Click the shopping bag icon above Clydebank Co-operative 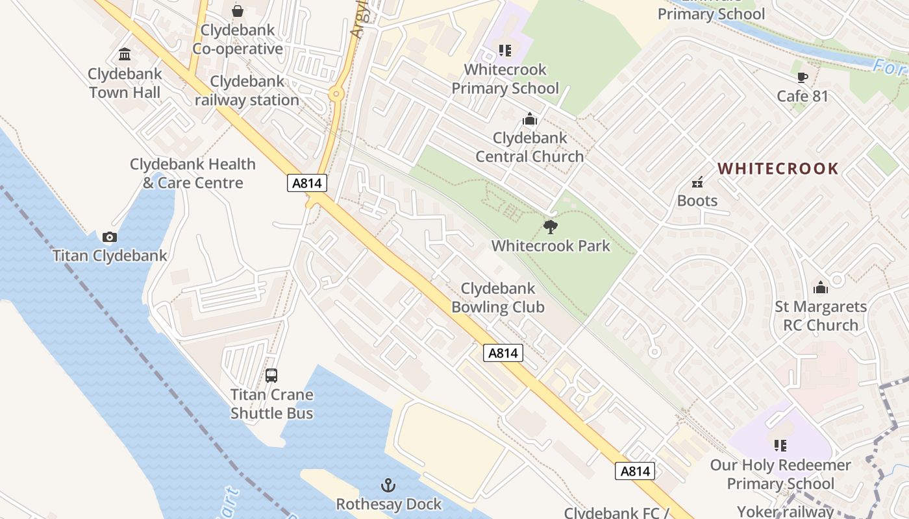(238, 11)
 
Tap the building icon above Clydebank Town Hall (125, 54)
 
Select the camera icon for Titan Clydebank (110, 237)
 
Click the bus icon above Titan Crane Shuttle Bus (271, 375)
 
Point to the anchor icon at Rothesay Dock (388, 485)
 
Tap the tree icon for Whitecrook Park (551, 226)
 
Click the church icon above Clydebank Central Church (530, 119)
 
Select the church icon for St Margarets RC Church (821, 287)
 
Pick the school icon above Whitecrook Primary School (505, 50)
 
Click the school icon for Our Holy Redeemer (780, 446)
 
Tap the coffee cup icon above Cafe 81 (803, 78)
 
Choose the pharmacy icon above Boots (697, 182)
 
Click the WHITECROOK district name (778, 169)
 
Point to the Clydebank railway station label (247, 91)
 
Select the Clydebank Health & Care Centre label (193, 173)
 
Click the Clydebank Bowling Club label (498, 298)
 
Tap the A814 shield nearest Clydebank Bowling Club (503, 353)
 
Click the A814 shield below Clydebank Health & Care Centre (306, 183)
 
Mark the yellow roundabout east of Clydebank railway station (336, 94)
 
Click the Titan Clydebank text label (110, 256)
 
